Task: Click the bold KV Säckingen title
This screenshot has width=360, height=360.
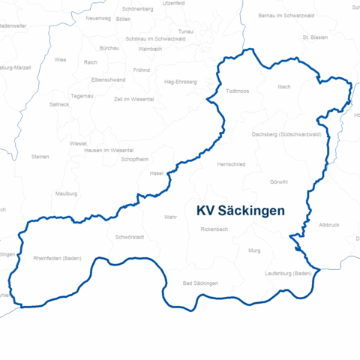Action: (x=240, y=211)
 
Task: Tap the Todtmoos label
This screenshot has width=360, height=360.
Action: (x=239, y=91)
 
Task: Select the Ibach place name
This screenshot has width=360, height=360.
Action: (x=283, y=87)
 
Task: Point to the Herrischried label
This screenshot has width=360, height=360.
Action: (x=230, y=163)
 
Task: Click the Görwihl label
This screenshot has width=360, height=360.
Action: (x=279, y=182)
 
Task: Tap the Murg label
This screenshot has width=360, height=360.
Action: (x=254, y=250)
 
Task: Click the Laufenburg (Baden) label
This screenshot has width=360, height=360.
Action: (x=288, y=274)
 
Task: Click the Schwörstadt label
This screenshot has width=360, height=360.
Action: (x=130, y=237)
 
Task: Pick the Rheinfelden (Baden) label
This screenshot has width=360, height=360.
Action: (x=58, y=259)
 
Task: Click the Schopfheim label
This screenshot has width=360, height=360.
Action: (x=135, y=160)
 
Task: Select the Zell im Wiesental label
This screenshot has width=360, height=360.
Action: (x=134, y=99)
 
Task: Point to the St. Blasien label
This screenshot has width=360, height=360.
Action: (x=316, y=37)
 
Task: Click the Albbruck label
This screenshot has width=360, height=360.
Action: (x=329, y=225)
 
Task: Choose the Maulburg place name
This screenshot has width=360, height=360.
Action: (x=66, y=193)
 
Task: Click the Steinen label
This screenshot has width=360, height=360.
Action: (x=40, y=157)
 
